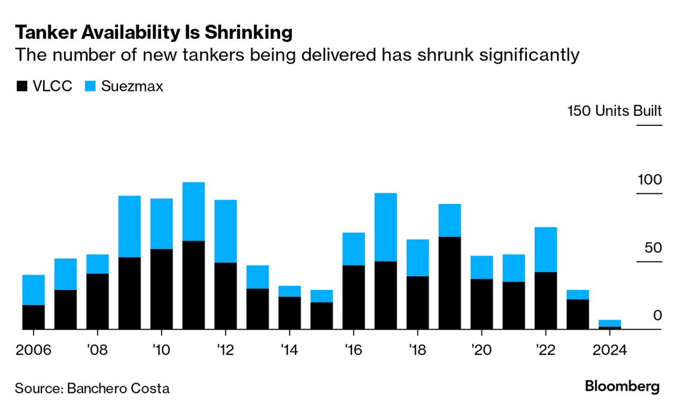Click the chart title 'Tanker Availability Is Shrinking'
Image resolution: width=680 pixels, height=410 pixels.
pyautogui.click(x=154, y=33)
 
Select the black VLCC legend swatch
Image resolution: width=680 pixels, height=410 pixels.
pyautogui.click(x=22, y=87)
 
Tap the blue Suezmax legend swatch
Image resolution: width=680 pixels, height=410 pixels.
pyautogui.click(x=90, y=87)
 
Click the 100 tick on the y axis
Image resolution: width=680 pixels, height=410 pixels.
pyautogui.click(x=650, y=180)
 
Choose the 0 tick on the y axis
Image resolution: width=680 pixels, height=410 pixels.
pyautogui.click(x=657, y=315)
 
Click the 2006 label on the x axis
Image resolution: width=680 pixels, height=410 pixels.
pyautogui.click(x=33, y=351)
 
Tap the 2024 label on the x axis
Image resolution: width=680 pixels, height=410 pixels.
pyautogui.click(x=609, y=351)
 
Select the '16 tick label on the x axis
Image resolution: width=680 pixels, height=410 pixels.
pyautogui.click(x=354, y=351)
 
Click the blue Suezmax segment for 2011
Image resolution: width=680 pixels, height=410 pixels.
pyautogui.click(x=194, y=211)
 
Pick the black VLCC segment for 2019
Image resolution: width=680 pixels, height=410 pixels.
pyautogui.click(x=449, y=283)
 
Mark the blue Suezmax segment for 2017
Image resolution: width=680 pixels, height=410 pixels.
pyautogui.click(x=385, y=227)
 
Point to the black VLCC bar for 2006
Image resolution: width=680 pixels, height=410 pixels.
pyautogui.click(x=33, y=317)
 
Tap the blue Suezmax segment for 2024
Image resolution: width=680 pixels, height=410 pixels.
pyautogui.click(x=609, y=323)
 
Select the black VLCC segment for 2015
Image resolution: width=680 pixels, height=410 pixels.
pyautogui.click(x=322, y=315)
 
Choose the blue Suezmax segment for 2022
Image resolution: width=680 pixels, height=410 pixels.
pyautogui.click(x=545, y=249)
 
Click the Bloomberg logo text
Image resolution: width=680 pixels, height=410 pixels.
pyautogui.click(x=622, y=387)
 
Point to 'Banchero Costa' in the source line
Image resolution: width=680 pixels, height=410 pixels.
pyautogui.click(x=118, y=388)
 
